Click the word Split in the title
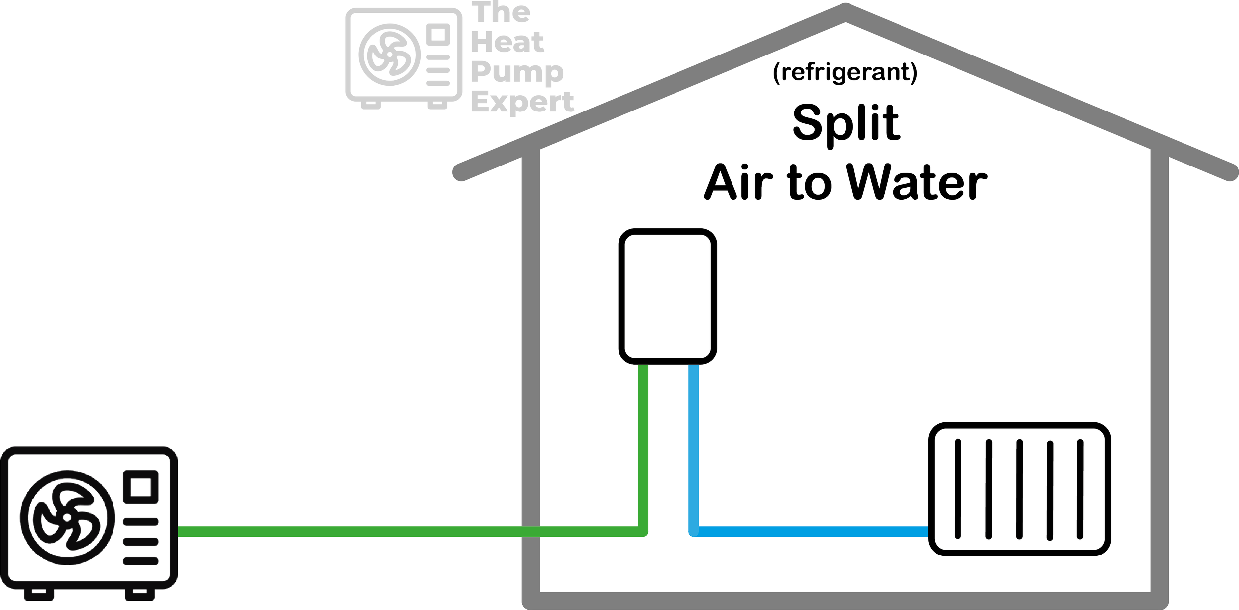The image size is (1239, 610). click(x=846, y=123)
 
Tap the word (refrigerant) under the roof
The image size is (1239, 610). click(x=845, y=72)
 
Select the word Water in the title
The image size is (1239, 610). click(x=917, y=182)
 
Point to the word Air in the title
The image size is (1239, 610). click(x=738, y=182)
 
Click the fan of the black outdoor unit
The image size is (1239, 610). click(x=67, y=517)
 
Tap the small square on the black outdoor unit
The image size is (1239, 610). click(x=141, y=487)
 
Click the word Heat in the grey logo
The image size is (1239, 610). click(x=507, y=42)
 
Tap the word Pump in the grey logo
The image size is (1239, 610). click(x=517, y=72)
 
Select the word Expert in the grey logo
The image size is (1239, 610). click(x=522, y=103)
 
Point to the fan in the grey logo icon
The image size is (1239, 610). click(x=390, y=55)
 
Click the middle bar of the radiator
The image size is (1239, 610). click(x=1019, y=489)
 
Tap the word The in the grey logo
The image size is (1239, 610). click(x=501, y=12)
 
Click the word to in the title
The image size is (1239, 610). click(x=809, y=182)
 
